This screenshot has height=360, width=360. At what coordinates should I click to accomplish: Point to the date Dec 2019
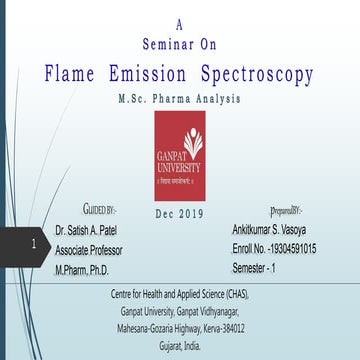point(181,214)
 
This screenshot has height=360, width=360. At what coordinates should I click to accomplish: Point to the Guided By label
point(99,209)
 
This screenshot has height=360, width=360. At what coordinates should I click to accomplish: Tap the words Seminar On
point(180,43)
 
